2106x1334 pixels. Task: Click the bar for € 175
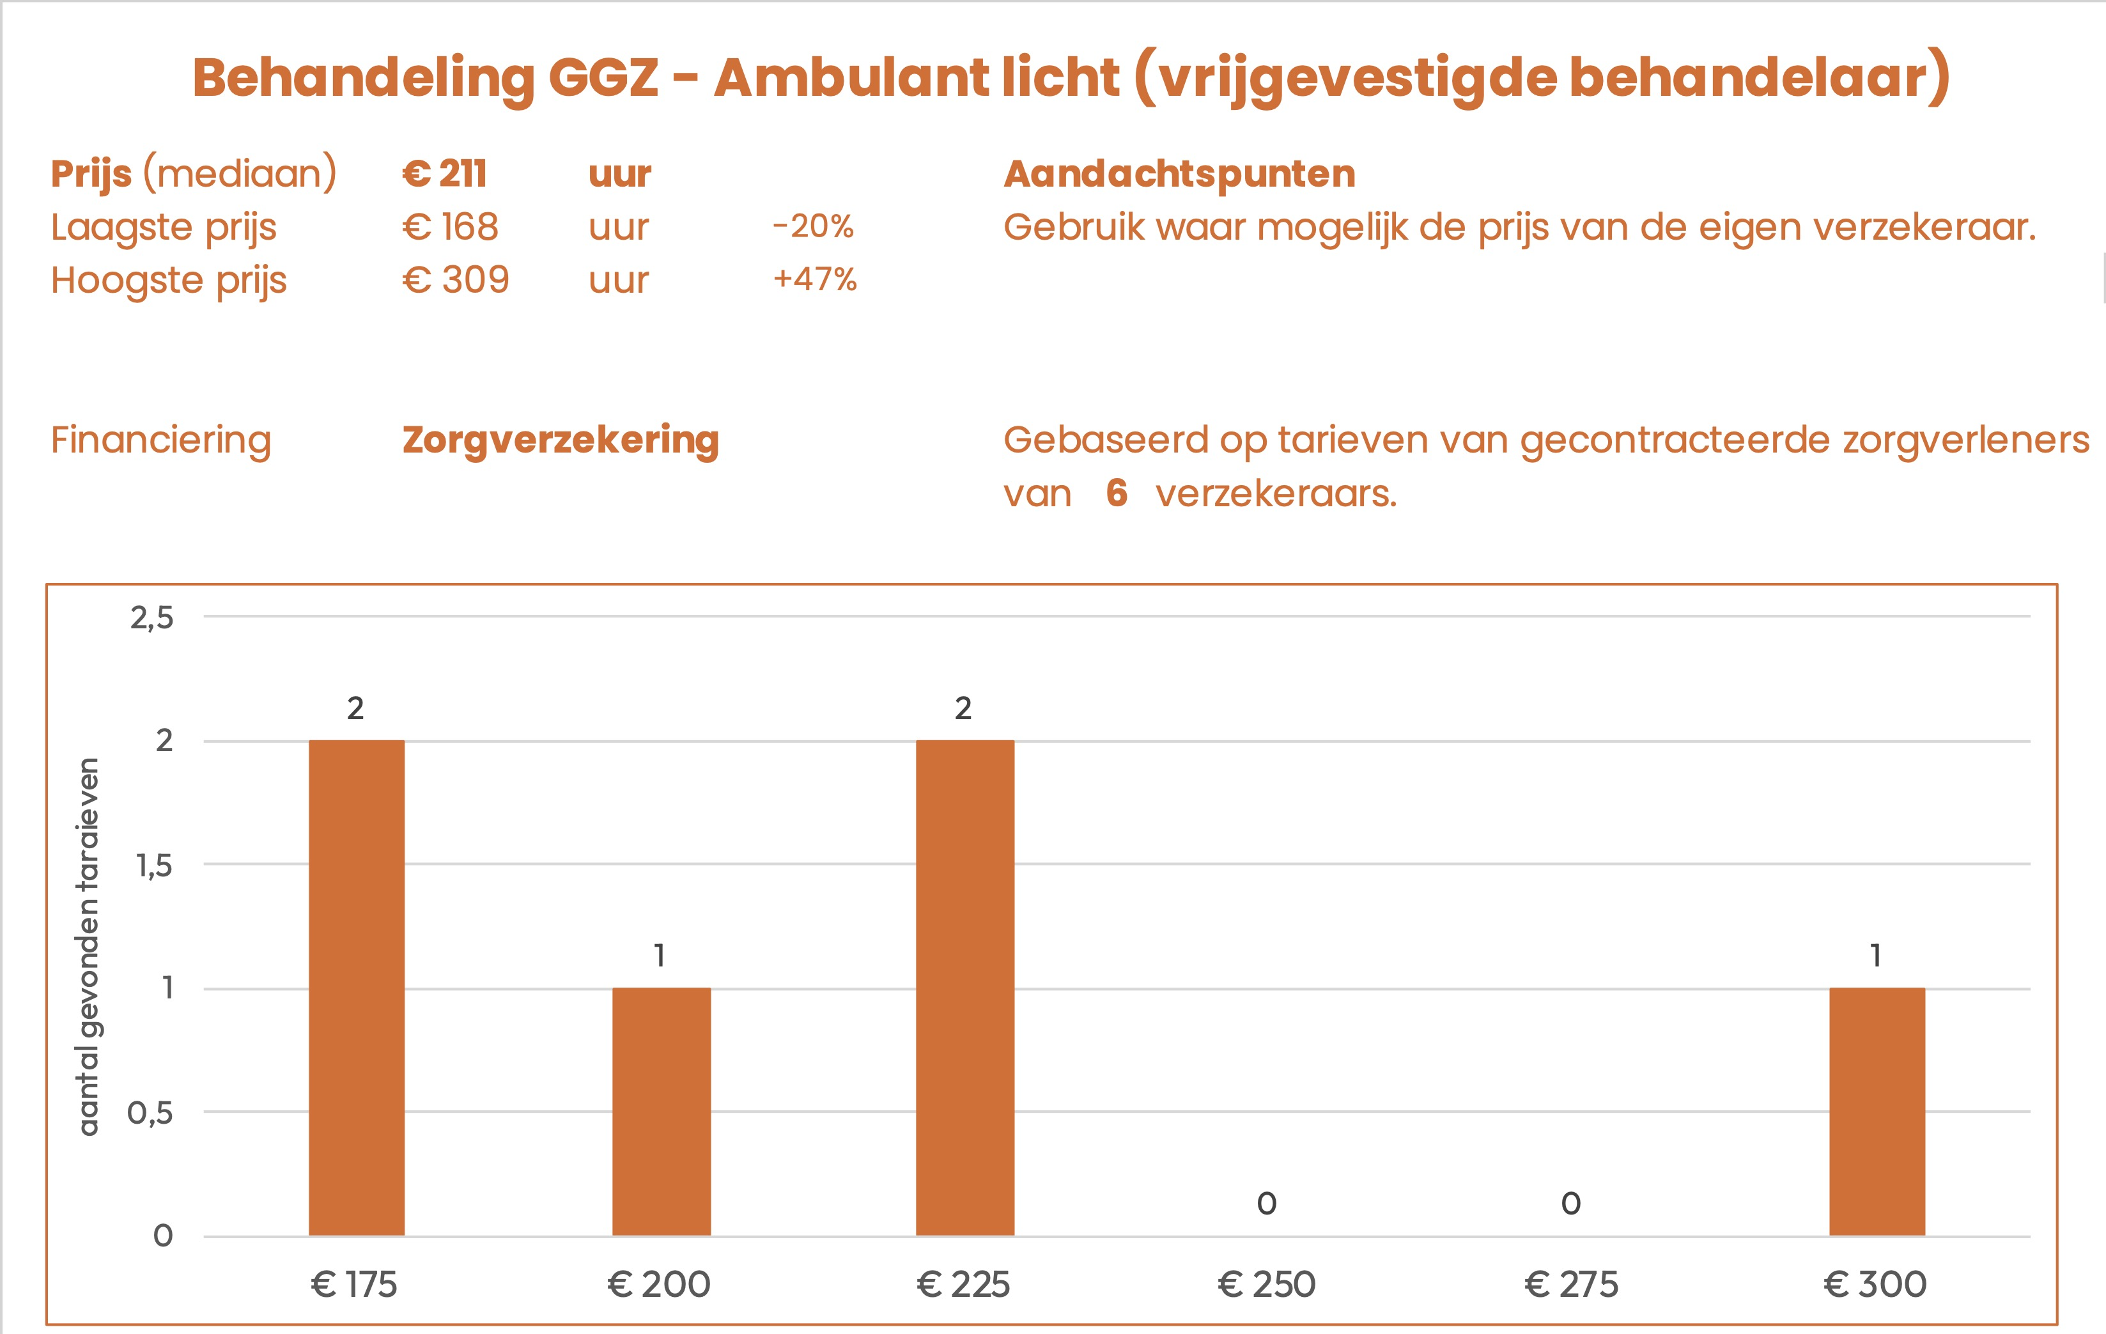(x=356, y=988)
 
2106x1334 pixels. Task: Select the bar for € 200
(x=661, y=1111)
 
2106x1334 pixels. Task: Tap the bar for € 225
(x=964, y=988)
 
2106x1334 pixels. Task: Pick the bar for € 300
(x=1877, y=1111)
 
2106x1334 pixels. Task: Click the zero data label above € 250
(x=1266, y=1204)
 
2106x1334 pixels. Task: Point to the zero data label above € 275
(x=1571, y=1204)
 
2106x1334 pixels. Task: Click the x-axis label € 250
(x=1266, y=1284)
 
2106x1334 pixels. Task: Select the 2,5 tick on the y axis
(x=152, y=619)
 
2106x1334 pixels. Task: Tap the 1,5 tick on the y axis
(x=154, y=866)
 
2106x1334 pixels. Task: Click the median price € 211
(x=444, y=173)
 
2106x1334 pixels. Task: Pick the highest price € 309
(x=455, y=280)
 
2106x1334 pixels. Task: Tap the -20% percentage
(x=812, y=226)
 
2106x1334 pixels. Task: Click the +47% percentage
(x=814, y=280)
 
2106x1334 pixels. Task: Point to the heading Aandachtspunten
(x=1179, y=173)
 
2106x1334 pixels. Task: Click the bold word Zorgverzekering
(x=561, y=440)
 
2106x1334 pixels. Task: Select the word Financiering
(x=161, y=440)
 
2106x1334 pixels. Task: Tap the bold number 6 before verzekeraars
(x=1116, y=493)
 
